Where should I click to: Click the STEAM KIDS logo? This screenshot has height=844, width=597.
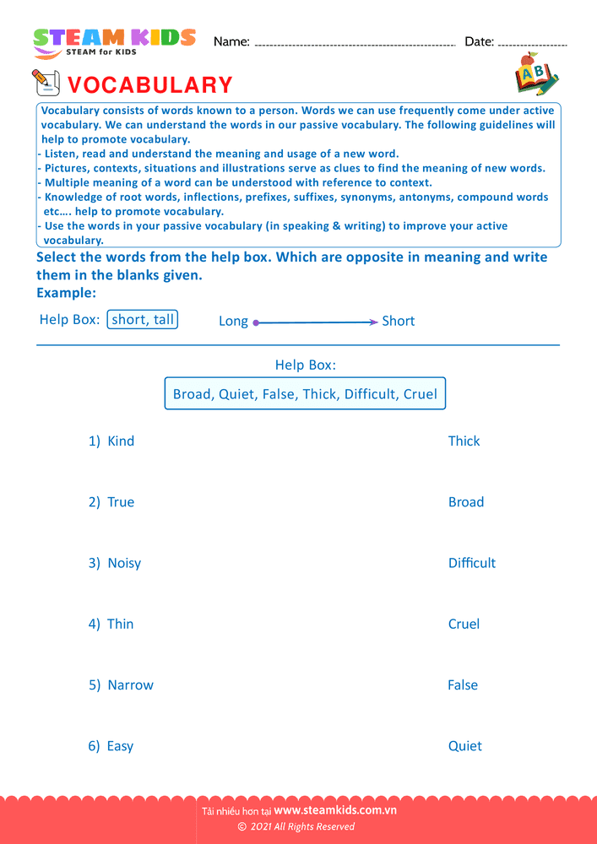(114, 41)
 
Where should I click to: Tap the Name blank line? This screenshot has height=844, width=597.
(355, 44)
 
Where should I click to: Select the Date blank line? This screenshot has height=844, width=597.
(533, 44)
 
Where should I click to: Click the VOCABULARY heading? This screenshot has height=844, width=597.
(149, 85)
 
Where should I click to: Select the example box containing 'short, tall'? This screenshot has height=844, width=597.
(143, 320)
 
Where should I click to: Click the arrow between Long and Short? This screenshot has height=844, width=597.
(315, 322)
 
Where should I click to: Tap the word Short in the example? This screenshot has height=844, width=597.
(398, 321)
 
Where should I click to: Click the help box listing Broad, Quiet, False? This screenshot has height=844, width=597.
(305, 394)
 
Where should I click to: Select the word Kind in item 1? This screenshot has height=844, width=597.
(121, 441)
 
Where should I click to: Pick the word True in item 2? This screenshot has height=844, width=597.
(121, 502)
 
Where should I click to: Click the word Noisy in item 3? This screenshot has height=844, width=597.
(124, 563)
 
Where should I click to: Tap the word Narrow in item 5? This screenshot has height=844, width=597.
(130, 685)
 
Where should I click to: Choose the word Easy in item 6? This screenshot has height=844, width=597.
(120, 746)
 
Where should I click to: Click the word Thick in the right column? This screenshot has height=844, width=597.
(464, 441)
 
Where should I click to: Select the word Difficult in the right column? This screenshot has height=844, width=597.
(472, 563)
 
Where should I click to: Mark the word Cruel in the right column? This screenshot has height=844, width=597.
(464, 624)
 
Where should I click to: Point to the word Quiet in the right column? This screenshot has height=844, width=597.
(464, 746)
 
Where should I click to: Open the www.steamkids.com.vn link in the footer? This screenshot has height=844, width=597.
(335, 810)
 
